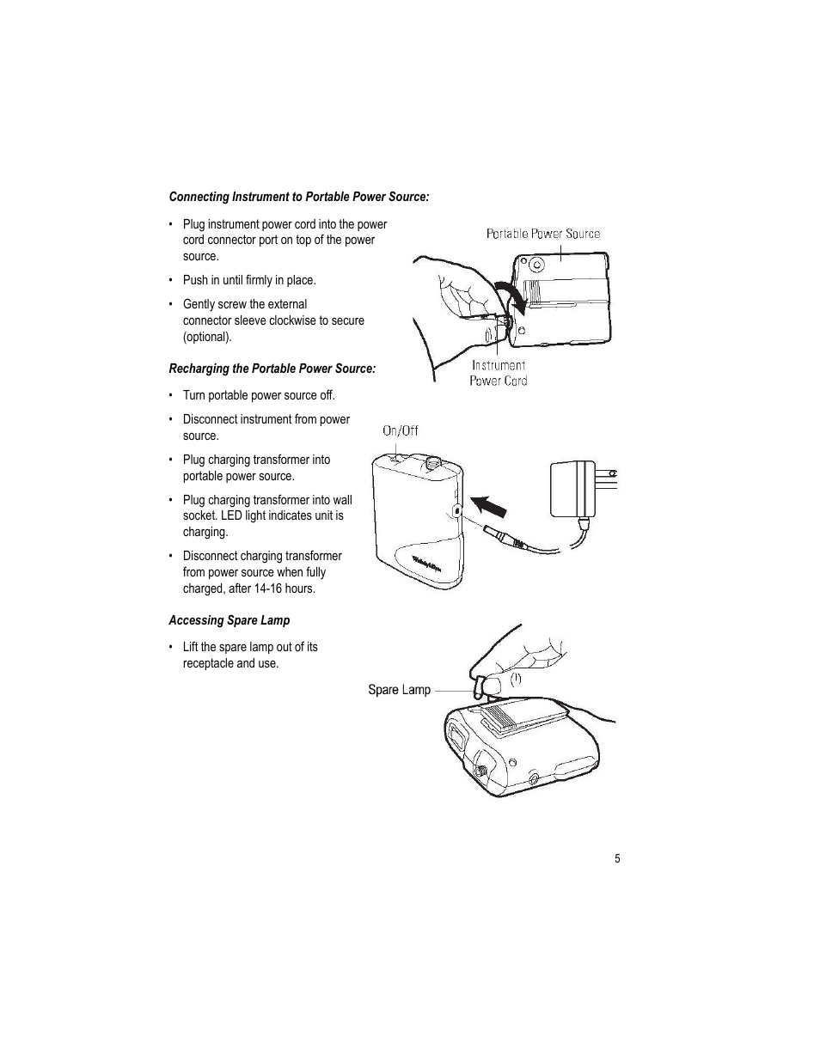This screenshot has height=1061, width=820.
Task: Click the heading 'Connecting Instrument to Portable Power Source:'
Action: [x=298, y=197]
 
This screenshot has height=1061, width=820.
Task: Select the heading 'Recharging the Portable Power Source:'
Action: [x=272, y=369]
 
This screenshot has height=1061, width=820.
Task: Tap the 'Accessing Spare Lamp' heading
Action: [x=229, y=620]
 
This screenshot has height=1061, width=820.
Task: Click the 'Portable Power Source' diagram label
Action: [x=542, y=234]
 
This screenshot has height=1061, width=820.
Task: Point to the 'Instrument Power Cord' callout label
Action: [x=498, y=373]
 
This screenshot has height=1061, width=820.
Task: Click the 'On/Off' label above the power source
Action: [x=400, y=430]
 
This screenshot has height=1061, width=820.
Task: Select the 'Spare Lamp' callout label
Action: [x=399, y=690]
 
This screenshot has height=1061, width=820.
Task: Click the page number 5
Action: [x=616, y=859]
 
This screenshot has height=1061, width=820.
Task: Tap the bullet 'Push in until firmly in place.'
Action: [x=248, y=280]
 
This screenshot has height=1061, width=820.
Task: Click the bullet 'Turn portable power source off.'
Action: [x=258, y=395]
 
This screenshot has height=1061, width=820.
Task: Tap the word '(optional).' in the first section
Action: [x=207, y=337]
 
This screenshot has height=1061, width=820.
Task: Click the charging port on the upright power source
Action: [x=457, y=510]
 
